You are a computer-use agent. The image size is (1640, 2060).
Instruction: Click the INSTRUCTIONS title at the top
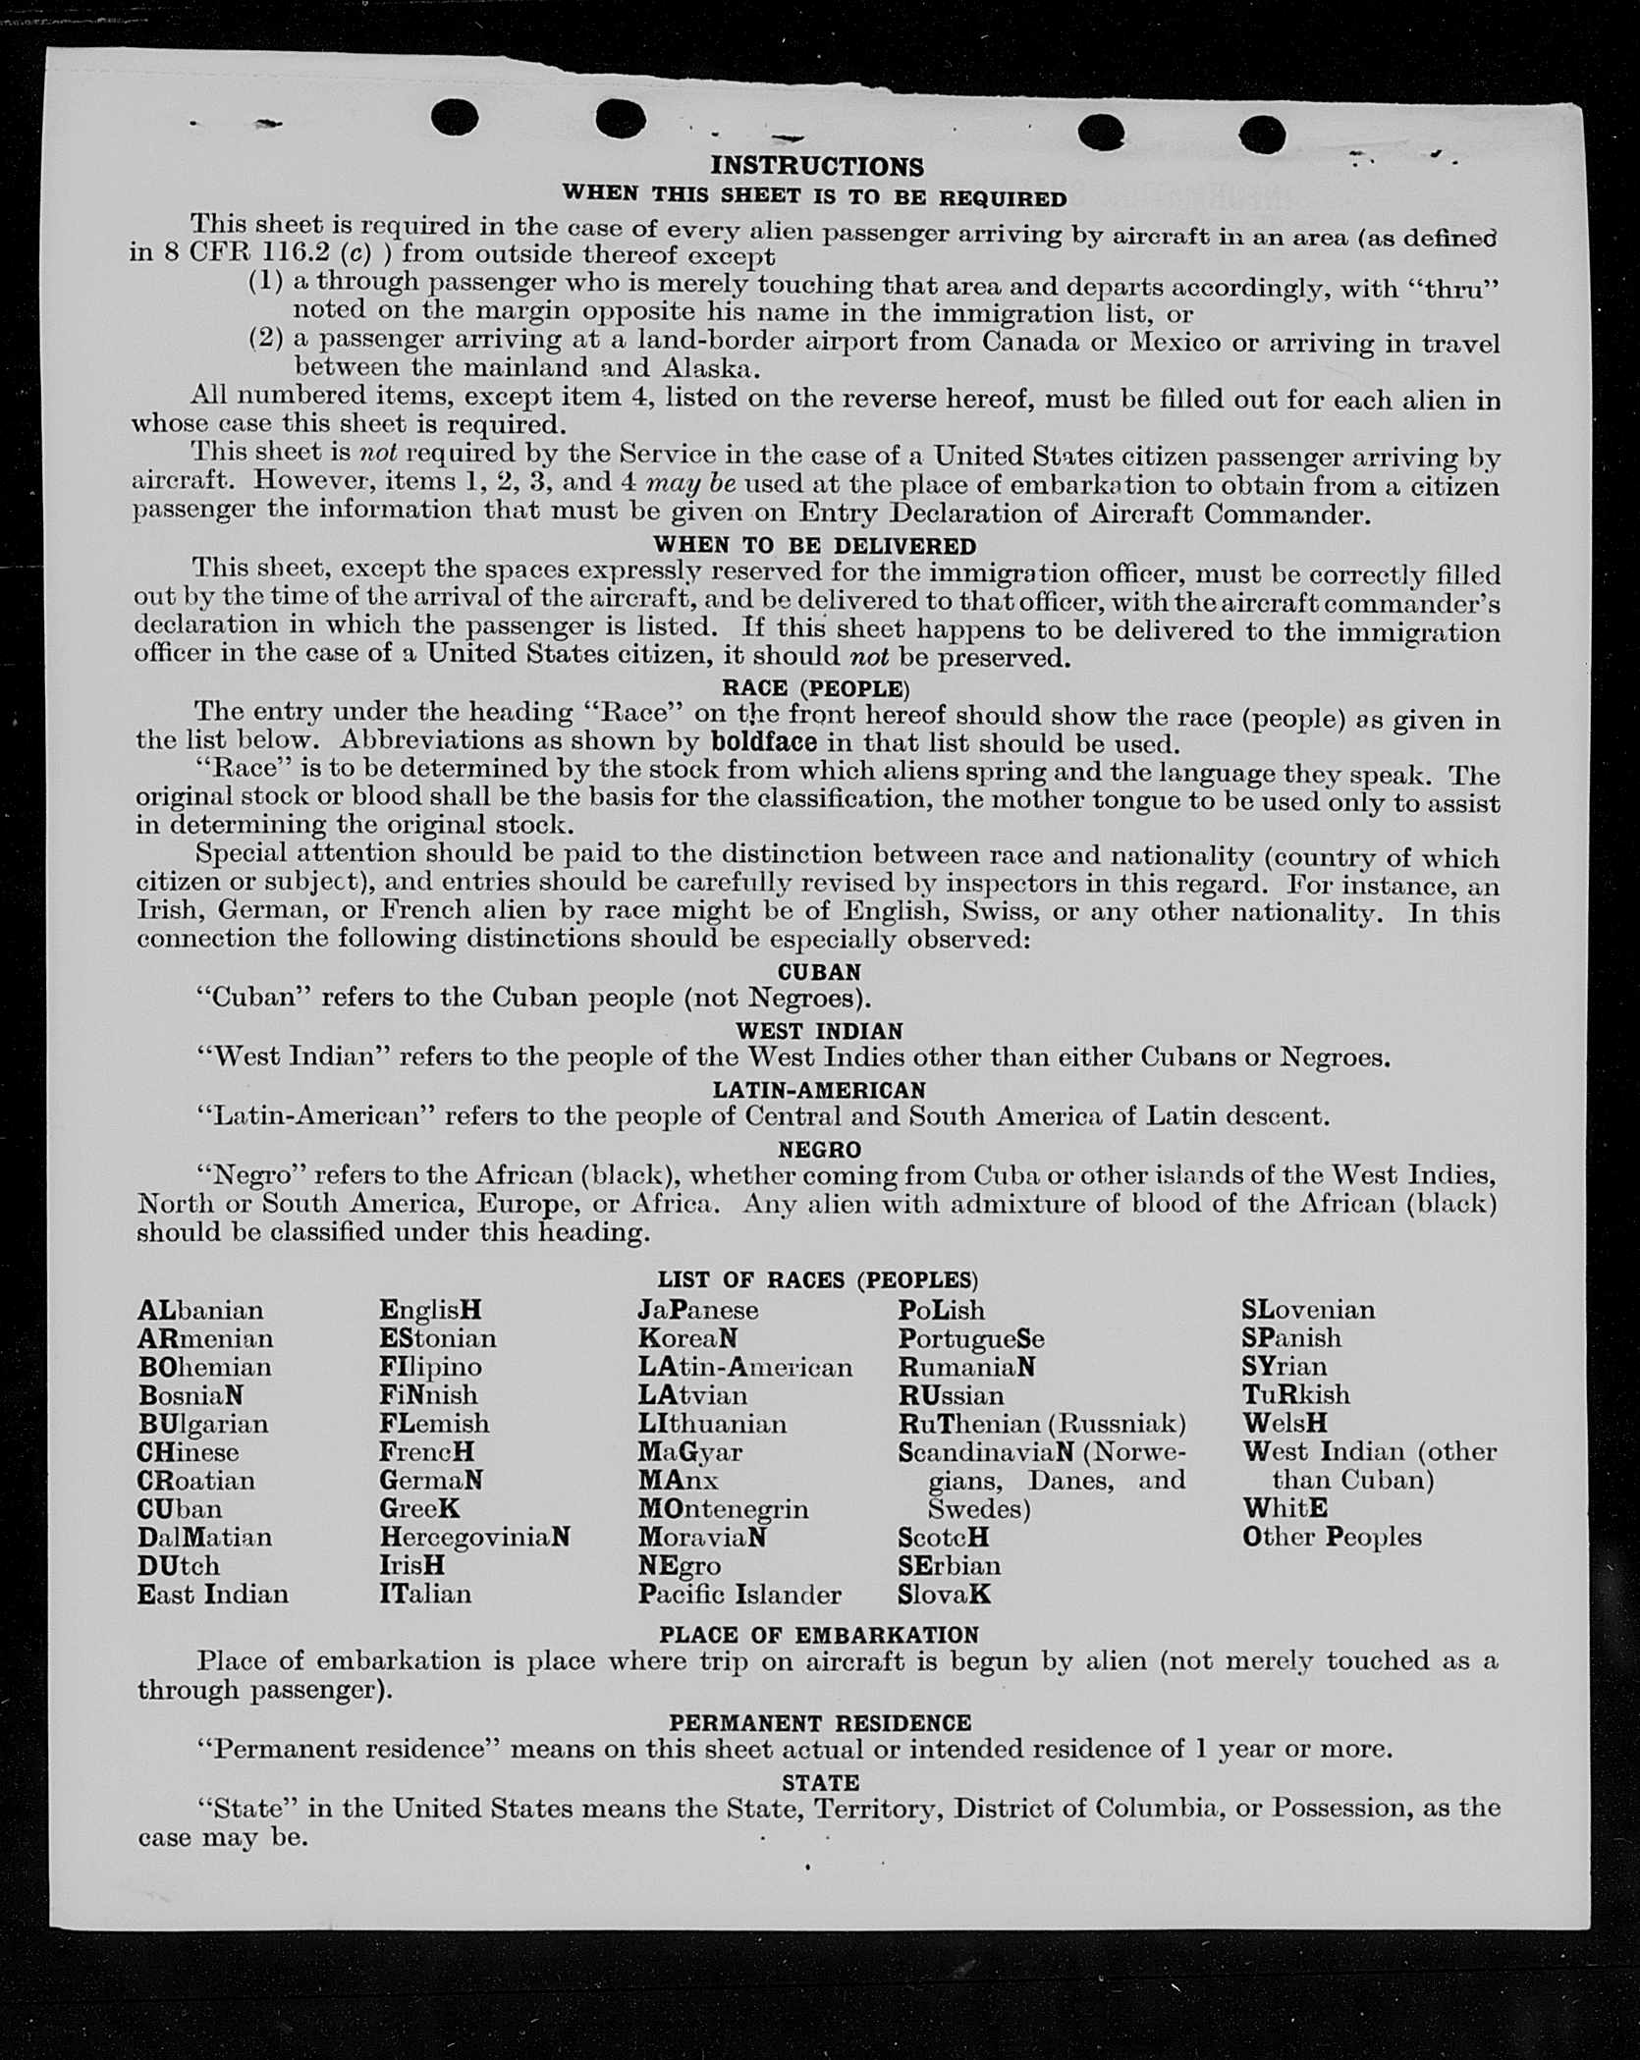(817, 166)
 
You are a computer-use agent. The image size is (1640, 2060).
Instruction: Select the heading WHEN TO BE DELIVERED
(815, 545)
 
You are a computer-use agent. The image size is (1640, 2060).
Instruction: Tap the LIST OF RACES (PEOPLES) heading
(818, 1279)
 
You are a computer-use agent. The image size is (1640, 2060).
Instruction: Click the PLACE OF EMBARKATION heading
(819, 1635)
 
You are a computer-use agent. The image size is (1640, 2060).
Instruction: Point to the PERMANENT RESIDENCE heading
(820, 1722)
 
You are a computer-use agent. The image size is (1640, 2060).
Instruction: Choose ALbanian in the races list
(200, 1311)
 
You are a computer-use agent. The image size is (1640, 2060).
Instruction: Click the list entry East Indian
(213, 1594)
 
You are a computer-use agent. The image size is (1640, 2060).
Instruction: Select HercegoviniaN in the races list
(474, 1537)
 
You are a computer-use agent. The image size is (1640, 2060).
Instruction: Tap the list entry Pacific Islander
(739, 1594)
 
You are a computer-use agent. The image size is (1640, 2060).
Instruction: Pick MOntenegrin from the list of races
(723, 1508)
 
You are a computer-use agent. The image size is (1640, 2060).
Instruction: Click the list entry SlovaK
(944, 1594)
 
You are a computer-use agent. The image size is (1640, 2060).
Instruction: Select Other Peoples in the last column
(1332, 1537)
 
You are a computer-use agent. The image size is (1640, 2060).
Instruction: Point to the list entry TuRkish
(1295, 1394)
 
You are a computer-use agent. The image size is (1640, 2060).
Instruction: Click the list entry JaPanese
(697, 1311)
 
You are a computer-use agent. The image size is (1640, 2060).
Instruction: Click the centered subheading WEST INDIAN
(819, 1031)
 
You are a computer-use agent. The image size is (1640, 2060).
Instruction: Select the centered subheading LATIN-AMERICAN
(819, 1090)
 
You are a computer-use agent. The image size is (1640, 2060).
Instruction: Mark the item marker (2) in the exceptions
(265, 340)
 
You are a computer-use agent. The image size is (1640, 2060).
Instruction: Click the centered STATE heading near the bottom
(820, 1782)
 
